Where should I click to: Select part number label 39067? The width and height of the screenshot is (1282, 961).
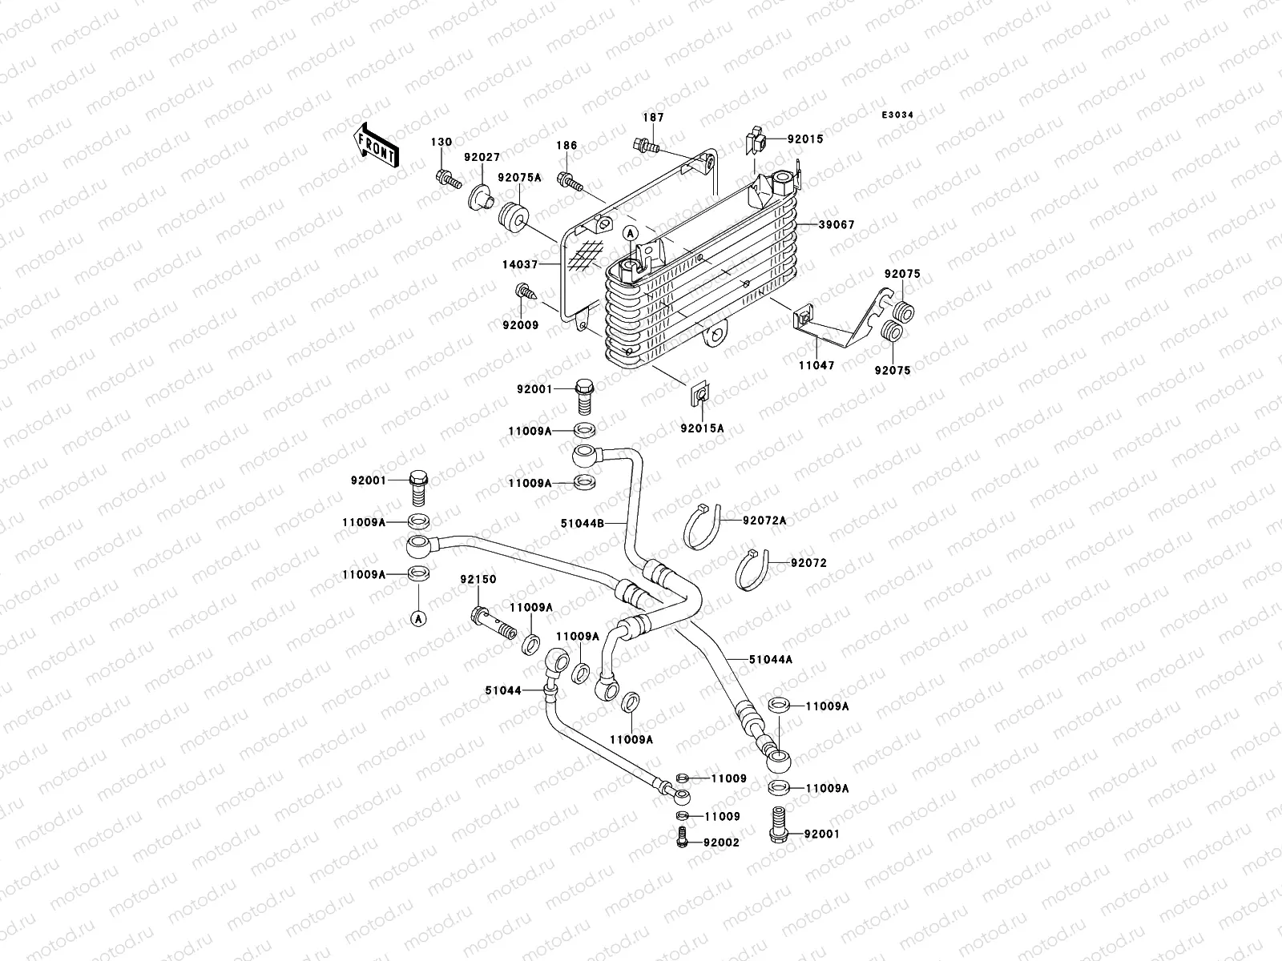pos(837,225)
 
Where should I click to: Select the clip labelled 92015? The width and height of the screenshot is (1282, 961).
pos(757,142)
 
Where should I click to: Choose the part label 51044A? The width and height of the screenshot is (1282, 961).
pos(771,659)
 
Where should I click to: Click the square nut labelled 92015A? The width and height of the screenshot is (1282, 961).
pos(700,394)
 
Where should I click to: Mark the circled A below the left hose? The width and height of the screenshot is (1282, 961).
pos(417,617)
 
